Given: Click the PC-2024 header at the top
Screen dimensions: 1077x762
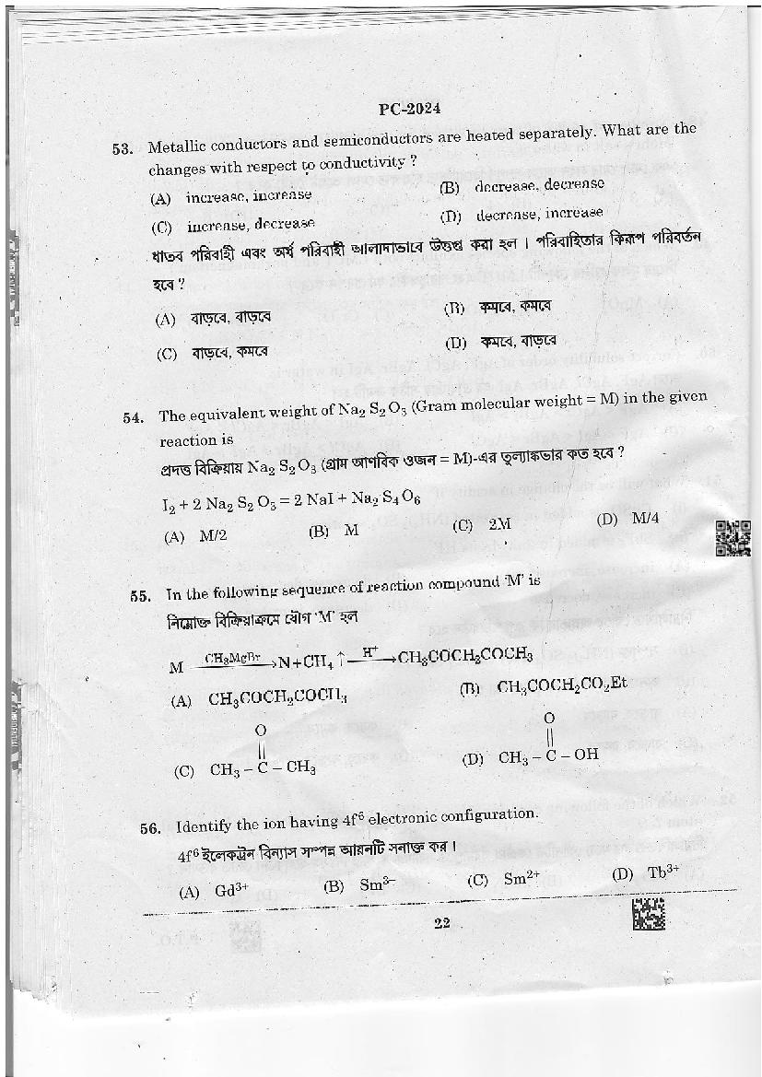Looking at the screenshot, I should click(x=409, y=107).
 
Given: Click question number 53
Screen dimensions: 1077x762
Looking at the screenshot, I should click(x=123, y=149).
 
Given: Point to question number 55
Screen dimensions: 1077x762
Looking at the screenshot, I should click(x=140, y=595).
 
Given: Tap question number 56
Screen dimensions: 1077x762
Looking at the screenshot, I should click(x=151, y=828).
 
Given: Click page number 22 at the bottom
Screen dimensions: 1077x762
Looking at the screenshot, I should click(x=440, y=925).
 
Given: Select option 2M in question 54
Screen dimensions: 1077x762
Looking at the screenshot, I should click(x=486, y=524).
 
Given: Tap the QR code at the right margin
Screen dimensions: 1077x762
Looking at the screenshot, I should click(x=733, y=539).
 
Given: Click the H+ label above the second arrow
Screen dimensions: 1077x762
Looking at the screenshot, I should click(x=369, y=652).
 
